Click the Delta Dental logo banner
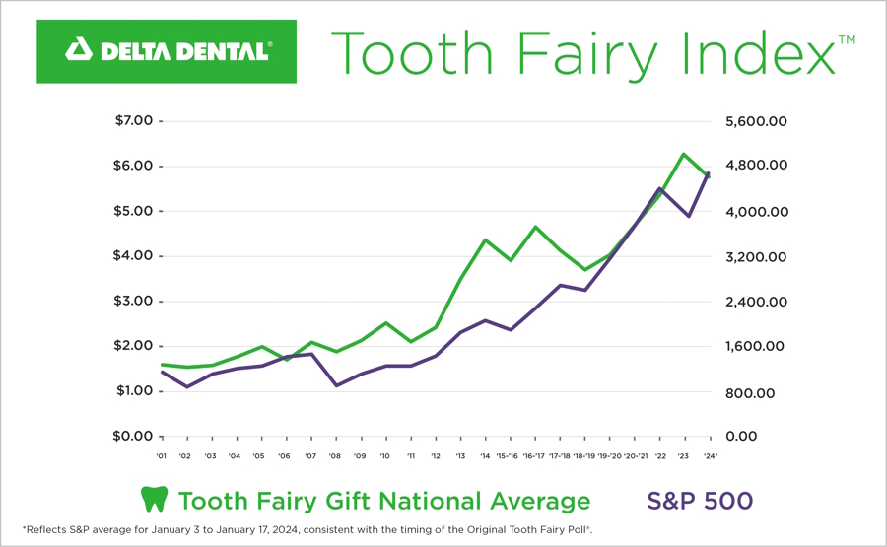click(x=167, y=51)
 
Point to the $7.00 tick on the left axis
click(x=134, y=121)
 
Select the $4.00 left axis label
click(x=134, y=256)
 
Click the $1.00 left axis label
click(x=134, y=391)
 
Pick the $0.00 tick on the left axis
click(x=134, y=436)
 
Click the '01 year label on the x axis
click(x=161, y=456)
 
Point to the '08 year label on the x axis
click(x=335, y=456)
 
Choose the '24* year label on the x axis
click(x=710, y=456)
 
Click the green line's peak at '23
click(x=683, y=154)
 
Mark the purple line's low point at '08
click(x=336, y=385)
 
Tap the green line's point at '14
click(x=485, y=239)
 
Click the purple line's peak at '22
click(x=659, y=188)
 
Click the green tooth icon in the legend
click(x=154, y=500)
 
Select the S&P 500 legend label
click(x=700, y=500)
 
